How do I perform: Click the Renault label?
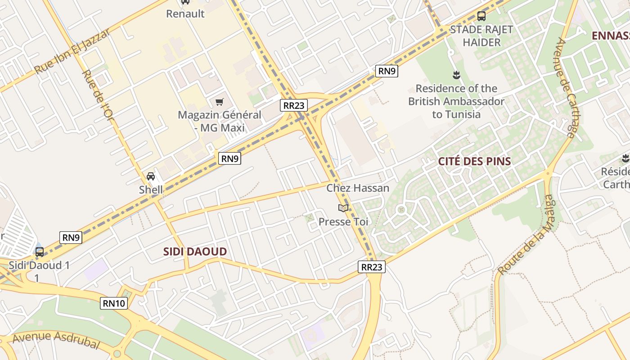point(185,14)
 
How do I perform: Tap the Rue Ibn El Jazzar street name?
point(72,52)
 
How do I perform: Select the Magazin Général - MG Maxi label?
point(220,121)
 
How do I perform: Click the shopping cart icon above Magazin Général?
point(219,102)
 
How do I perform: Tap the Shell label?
point(151,189)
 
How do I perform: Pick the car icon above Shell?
point(151,176)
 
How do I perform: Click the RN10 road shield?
point(114,303)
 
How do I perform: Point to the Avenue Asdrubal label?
point(56,339)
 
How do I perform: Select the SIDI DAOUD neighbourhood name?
point(195,252)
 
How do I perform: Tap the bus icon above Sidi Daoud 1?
point(40,252)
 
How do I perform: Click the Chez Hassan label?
point(358,188)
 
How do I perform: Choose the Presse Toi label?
point(343,221)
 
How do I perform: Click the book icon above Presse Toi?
point(343,208)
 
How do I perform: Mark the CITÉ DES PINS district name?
point(475,162)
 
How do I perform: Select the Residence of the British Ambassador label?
point(456,101)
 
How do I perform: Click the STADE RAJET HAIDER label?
point(481,36)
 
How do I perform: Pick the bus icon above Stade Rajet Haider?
point(481,16)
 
